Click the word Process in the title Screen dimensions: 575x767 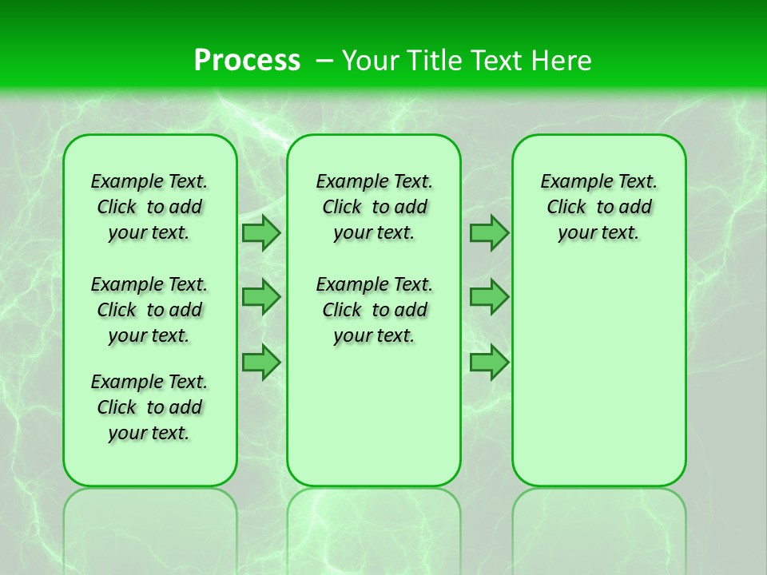coord(247,60)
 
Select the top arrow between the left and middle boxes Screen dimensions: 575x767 coord(260,232)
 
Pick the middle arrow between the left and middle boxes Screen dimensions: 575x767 coord(260,297)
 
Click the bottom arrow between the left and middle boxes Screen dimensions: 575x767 coord(260,362)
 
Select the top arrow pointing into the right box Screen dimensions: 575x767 coord(489,232)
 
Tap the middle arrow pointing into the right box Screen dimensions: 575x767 coord(489,297)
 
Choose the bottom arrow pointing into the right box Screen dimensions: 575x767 coord(489,362)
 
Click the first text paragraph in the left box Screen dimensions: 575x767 coord(149,207)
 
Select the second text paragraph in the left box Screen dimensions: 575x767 coord(149,310)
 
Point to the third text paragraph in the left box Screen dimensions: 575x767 coord(149,407)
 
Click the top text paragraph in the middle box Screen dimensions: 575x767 coord(374,207)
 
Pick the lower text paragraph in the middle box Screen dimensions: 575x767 coord(374,310)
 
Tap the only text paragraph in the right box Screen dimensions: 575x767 coord(598,207)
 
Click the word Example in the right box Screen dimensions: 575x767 coord(570,181)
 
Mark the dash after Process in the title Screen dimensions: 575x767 coord(324,60)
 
